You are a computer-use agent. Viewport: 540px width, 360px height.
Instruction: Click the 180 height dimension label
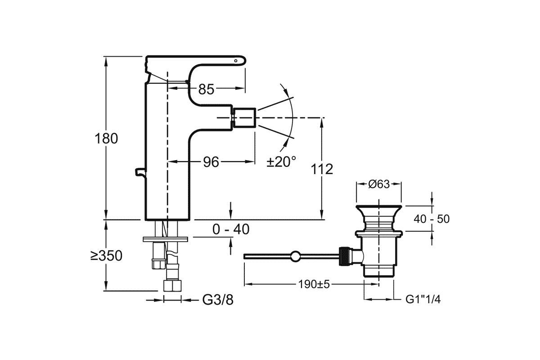click(106, 139)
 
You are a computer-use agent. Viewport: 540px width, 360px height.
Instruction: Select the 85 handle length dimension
click(206, 89)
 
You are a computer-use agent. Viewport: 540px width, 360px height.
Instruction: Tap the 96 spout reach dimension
click(211, 162)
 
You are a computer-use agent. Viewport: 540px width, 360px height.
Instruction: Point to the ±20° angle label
click(281, 162)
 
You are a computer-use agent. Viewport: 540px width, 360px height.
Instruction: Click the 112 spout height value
click(322, 169)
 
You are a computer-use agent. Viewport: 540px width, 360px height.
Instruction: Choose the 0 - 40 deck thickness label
click(231, 229)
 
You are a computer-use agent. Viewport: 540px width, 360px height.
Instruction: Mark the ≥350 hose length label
click(106, 256)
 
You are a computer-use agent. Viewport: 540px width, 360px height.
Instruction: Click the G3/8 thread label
click(218, 300)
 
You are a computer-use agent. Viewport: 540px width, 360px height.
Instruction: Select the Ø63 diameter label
click(379, 184)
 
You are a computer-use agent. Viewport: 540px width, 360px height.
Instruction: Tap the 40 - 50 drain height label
click(432, 219)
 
